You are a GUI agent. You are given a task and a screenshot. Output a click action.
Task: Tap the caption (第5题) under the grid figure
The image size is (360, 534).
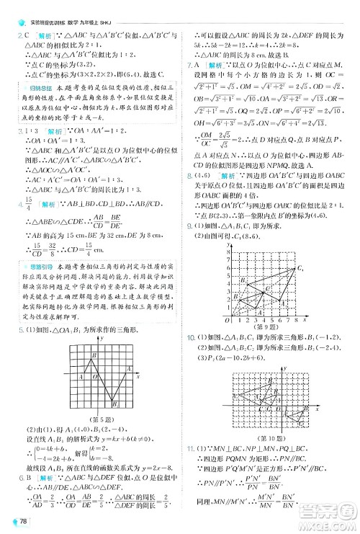point(106,417)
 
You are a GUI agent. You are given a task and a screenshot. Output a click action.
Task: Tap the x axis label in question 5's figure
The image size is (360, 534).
point(137,375)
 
